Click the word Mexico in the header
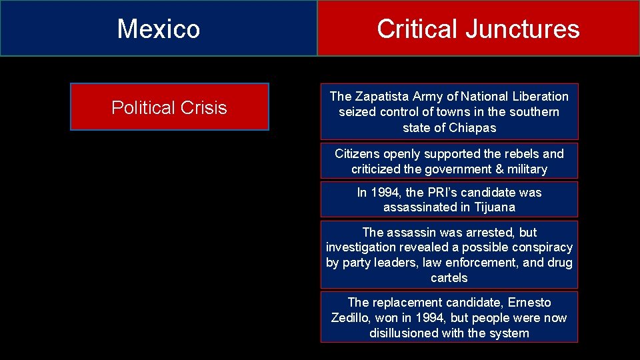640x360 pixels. (159, 29)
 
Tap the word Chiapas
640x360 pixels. (472, 127)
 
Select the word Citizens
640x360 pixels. (357, 154)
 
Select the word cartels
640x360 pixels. (449, 277)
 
